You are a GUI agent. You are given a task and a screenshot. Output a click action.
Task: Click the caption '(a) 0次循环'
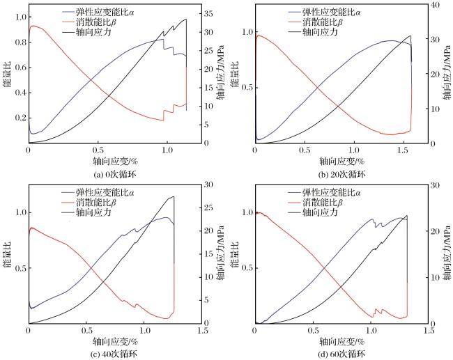tap(115, 175)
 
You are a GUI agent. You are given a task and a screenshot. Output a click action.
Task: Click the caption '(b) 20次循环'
tap(341, 175)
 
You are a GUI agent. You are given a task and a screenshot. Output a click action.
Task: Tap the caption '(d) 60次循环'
tap(341, 354)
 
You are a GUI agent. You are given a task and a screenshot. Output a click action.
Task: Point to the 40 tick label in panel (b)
tap(435, 5)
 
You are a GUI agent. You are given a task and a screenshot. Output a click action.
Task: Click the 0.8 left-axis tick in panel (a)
tap(20, 42)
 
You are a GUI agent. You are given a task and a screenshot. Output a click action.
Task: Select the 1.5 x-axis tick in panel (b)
tap(403, 150)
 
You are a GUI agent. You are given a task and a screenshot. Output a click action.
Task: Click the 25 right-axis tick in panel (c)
tap(208, 208)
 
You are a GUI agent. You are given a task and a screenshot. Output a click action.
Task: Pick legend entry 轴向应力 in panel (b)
tap(320, 31)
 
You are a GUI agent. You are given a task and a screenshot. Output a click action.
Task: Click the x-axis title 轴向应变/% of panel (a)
tap(115, 161)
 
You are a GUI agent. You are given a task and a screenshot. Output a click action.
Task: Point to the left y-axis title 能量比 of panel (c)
tap(8, 254)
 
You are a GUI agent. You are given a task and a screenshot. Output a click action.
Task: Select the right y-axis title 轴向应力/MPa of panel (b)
tap(447, 72)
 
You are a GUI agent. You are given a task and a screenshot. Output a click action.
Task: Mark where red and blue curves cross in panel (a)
tap(91, 80)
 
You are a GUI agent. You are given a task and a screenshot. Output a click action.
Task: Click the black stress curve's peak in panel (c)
tap(174, 196)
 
